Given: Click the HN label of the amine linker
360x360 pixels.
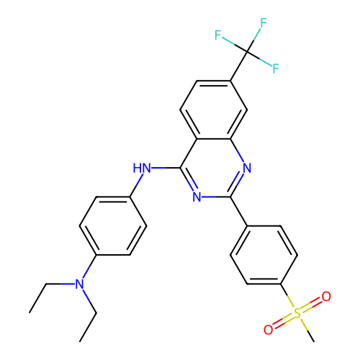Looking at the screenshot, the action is pos(142,168).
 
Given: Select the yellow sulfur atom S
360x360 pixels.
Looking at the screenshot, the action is pos(297,313).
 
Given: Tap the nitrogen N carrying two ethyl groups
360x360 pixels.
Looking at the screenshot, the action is pos(79,284).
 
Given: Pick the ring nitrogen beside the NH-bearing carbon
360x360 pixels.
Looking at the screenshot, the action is pos(197,197).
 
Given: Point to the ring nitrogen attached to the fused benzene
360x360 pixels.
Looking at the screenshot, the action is pos(247,168).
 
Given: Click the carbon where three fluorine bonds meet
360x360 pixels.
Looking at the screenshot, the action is pos(247,52).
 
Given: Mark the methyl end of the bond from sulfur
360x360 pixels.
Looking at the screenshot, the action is pos(314,341).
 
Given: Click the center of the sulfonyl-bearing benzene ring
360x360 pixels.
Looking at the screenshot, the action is pos(264,255).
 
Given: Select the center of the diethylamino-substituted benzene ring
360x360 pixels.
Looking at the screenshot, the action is pos(113,226).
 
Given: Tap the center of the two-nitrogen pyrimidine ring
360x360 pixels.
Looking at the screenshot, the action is pos(214,168).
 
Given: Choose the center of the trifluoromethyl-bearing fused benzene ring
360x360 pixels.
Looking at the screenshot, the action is pos(214,109).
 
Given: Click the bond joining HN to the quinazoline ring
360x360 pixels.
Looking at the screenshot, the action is pos(166,168).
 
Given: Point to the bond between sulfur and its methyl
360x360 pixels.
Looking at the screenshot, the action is pos(307,329).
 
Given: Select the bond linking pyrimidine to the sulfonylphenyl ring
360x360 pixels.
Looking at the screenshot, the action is pos(239,211).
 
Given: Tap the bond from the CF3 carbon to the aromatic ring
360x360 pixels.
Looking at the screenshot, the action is pos(239,66).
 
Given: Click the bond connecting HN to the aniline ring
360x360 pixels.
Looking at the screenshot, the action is pos(137,185).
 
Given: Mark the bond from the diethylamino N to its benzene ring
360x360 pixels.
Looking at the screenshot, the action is pos(89,267).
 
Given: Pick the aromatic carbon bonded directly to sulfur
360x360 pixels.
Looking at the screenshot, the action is pos(281,284).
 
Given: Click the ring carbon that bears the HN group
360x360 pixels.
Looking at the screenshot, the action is pos(180,168).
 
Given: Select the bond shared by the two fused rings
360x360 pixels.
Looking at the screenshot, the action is pos(214,139).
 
